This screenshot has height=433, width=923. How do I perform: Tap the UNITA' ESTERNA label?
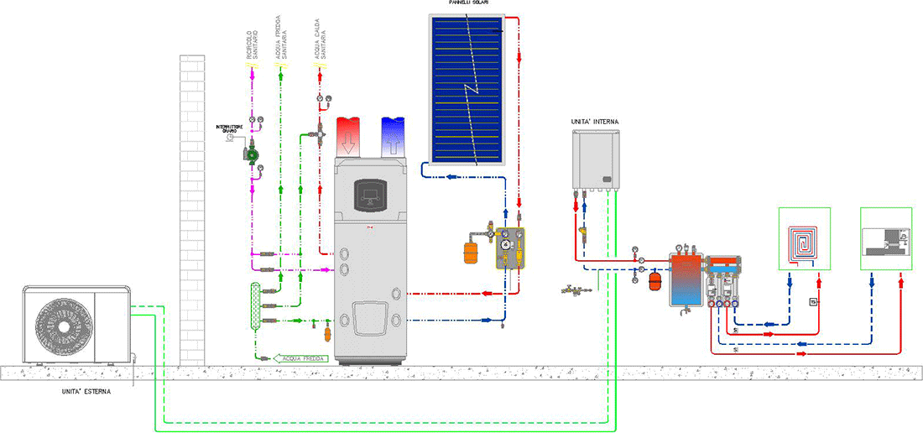click(x=86, y=391)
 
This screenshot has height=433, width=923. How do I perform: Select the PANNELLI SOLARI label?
click(x=469, y=4)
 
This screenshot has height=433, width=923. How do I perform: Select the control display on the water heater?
click(x=370, y=196)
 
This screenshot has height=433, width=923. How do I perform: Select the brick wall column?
click(x=192, y=210)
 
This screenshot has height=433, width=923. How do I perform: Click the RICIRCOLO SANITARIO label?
click(x=250, y=45)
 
